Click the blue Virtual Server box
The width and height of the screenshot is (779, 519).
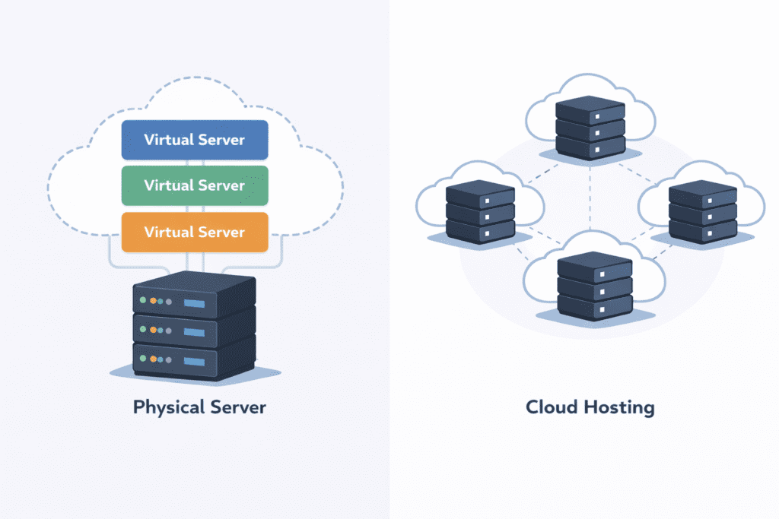coord(195,140)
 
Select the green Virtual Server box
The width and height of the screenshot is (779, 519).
coord(195,185)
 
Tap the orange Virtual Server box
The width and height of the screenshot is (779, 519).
coord(195,232)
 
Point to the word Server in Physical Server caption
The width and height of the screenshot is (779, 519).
coord(237,407)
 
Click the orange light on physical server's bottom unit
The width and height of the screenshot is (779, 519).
coord(153,358)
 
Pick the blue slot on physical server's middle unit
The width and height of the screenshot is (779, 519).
coord(195,331)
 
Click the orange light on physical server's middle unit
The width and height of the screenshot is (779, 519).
coord(153,330)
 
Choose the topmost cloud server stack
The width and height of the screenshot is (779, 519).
coord(590,125)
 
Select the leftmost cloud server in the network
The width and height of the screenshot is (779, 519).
coord(480,210)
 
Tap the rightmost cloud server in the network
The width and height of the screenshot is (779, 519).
coord(702,210)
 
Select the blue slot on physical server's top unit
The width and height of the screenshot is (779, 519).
coord(195,304)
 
